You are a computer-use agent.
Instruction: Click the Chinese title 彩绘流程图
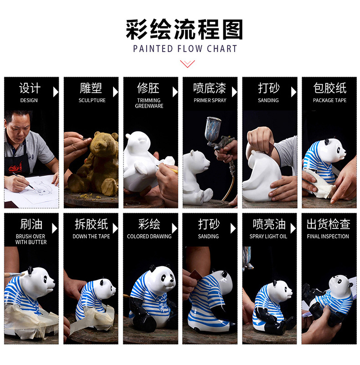(184, 29)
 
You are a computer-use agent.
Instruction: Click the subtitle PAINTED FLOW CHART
(185, 49)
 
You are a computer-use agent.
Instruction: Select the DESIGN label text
(29, 100)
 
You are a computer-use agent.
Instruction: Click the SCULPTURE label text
(92, 100)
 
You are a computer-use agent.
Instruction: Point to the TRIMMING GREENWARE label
(149, 103)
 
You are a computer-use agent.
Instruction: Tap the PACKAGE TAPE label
(329, 100)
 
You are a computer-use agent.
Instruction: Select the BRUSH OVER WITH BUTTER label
(30, 239)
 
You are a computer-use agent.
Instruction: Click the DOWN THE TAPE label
(91, 236)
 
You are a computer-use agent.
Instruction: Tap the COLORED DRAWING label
(149, 236)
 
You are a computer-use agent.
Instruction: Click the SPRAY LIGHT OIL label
(268, 236)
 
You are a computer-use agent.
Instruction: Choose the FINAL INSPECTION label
(328, 236)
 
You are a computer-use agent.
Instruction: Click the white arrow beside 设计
(56, 92)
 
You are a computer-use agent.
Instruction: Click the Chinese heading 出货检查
(328, 224)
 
